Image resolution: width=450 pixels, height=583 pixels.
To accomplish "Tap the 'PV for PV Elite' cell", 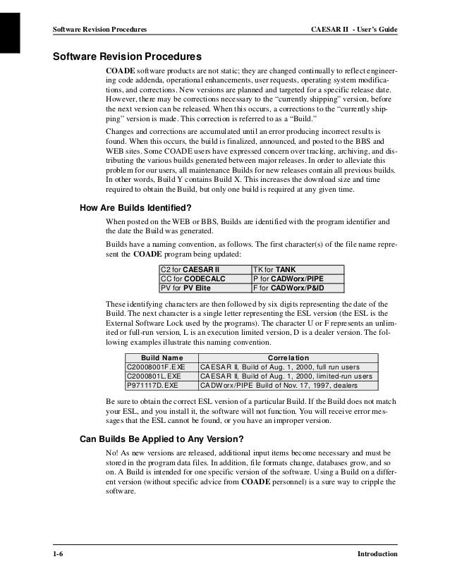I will (188, 288).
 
